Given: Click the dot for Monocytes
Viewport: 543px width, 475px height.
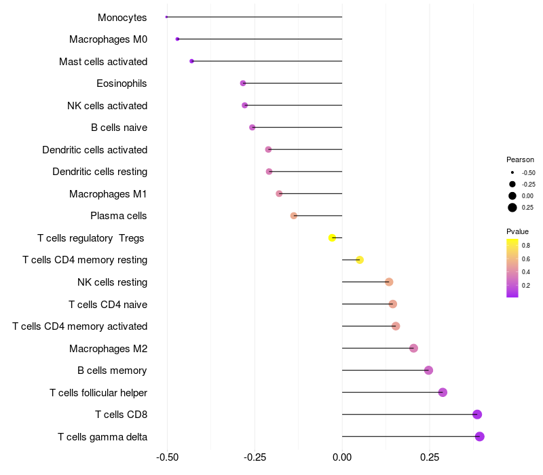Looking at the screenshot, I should (x=166, y=17).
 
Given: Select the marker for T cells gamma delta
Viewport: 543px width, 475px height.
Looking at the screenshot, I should (x=480, y=436).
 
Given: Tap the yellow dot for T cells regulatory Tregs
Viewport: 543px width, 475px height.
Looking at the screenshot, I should (x=332, y=237).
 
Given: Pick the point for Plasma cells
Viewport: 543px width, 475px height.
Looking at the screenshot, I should (x=294, y=216).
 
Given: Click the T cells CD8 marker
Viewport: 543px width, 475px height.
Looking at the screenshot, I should (x=477, y=415).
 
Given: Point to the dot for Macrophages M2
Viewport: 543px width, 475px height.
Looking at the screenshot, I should (x=413, y=348).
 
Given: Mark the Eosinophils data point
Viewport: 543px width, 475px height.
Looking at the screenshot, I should (x=243, y=83).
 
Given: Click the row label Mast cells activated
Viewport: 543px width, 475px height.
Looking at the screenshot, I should (x=103, y=62).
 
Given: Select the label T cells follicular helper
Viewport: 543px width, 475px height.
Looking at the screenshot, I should (x=98, y=393).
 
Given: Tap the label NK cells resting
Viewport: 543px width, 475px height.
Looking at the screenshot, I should (x=113, y=282).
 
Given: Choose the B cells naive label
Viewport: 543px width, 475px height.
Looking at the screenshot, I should (x=119, y=128).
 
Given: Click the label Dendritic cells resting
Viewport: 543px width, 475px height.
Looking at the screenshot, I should (x=100, y=172).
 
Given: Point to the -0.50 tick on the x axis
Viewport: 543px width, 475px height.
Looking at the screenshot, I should (x=167, y=457).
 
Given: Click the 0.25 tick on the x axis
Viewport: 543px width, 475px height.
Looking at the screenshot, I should (x=429, y=457).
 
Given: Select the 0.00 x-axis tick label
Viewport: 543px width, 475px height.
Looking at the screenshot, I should (x=342, y=457).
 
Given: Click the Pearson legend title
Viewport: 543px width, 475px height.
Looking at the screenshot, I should (x=520, y=159).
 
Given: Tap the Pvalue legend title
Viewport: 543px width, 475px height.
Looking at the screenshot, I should (x=517, y=231).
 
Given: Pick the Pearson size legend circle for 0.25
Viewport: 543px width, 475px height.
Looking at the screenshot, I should (x=512, y=208).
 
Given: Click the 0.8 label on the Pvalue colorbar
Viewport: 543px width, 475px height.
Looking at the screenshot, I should (x=526, y=245).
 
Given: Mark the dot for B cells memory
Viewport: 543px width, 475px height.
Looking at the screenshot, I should (x=428, y=370).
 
